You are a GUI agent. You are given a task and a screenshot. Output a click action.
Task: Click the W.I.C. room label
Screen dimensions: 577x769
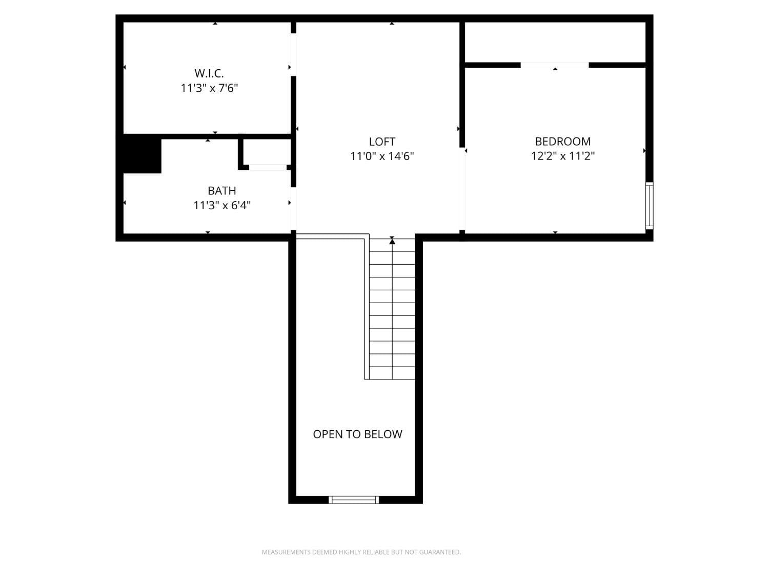coord(209,73)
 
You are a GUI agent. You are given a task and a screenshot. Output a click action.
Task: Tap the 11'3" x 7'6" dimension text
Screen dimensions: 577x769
coord(209,88)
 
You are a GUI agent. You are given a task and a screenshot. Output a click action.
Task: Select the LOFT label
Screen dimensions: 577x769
coord(382,142)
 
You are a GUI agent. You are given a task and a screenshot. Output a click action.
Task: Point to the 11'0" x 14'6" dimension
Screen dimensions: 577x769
coord(382,156)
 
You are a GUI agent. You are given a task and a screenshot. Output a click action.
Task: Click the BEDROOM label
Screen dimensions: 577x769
coord(562,142)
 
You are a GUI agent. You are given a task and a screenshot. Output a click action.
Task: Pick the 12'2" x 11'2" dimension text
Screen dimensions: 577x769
coord(562,156)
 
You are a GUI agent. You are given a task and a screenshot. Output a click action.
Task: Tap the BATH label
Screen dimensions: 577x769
coord(221,191)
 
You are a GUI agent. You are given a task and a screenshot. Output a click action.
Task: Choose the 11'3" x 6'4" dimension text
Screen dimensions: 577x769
coord(221,206)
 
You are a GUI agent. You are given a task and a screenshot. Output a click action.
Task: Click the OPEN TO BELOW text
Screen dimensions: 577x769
coord(357,434)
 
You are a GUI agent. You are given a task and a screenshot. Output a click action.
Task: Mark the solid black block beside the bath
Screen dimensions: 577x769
coord(142,154)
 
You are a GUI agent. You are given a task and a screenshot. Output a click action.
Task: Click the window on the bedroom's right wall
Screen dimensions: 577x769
coord(649,205)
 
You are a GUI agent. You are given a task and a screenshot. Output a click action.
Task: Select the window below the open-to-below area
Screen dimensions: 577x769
coord(354,500)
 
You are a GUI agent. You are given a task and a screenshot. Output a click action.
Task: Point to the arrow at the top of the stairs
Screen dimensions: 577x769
coord(392,240)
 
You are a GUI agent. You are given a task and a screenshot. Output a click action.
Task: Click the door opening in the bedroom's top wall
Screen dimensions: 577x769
coord(555,65)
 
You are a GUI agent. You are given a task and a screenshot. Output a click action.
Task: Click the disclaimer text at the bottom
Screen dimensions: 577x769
coord(361,552)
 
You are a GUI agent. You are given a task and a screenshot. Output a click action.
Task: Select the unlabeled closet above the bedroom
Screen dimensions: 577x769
coord(555,42)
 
